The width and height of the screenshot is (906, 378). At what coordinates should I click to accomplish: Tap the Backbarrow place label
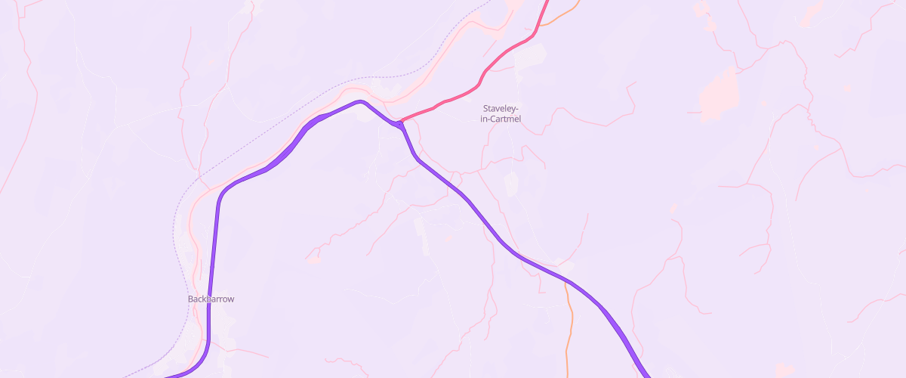pyautogui.click(x=211, y=299)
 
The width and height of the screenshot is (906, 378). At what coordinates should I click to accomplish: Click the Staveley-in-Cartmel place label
pyautogui.click(x=501, y=113)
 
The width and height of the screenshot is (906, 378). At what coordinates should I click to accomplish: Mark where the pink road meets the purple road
pyautogui.click(x=399, y=122)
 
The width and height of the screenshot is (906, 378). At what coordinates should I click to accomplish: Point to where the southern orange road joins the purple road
pyautogui.click(x=563, y=280)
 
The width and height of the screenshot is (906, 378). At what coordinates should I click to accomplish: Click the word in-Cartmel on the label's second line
pyautogui.click(x=501, y=119)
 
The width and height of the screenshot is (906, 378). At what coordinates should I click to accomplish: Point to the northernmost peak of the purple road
pyautogui.click(x=361, y=101)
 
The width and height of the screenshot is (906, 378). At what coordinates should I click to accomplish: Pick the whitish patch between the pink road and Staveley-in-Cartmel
pyautogui.click(x=532, y=54)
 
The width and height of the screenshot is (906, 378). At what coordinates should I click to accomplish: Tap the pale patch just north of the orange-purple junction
pyautogui.click(x=565, y=267)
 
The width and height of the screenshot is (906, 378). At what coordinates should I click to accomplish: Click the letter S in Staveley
pyautogui.click(x=485, y=108)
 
